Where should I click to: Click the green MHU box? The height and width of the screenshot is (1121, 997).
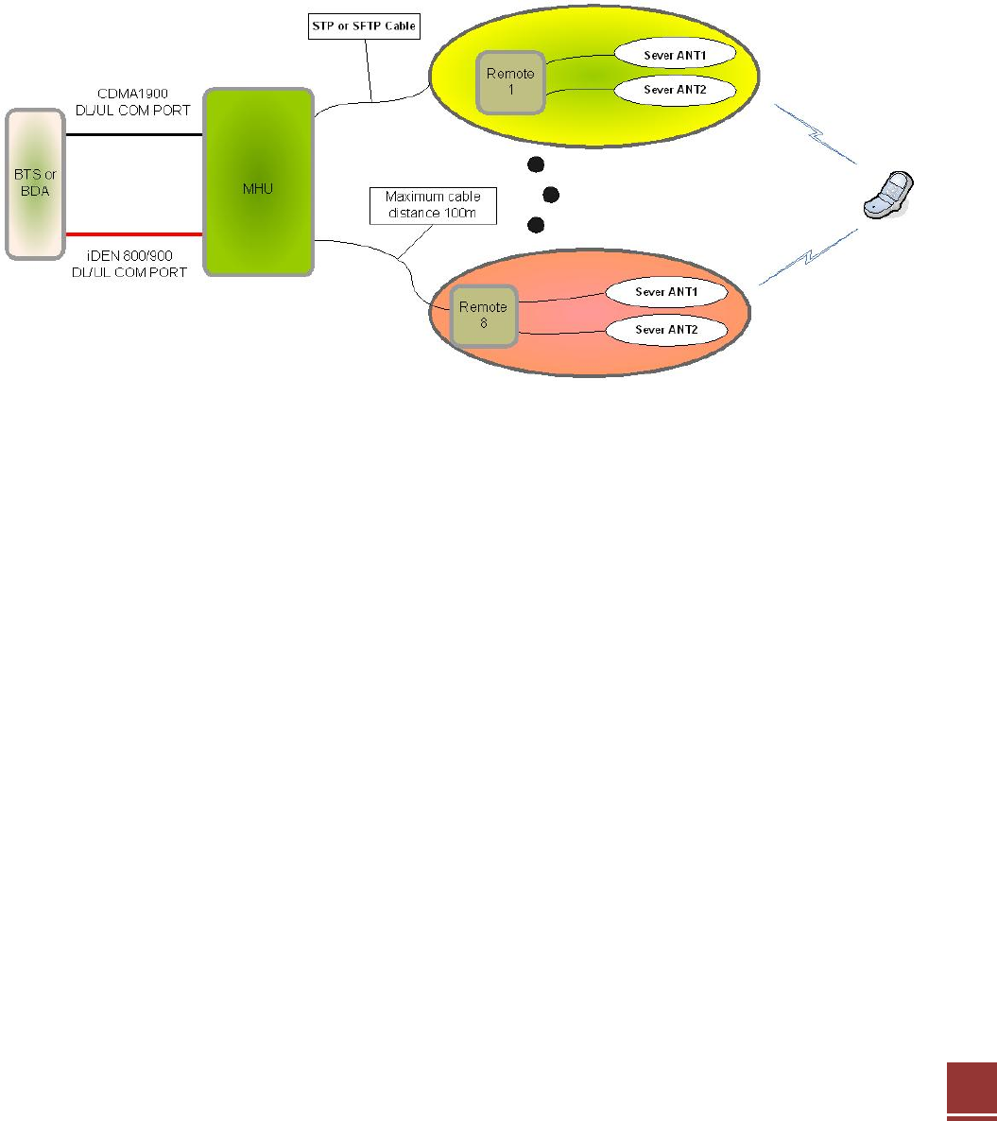coord(259,181)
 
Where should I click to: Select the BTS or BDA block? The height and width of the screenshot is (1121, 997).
coord(36,183)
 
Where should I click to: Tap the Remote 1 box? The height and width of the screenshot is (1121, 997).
coord(510,82)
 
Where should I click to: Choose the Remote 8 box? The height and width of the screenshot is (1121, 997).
coord(482,315)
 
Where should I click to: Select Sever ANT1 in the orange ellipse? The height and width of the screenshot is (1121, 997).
coord(665,292)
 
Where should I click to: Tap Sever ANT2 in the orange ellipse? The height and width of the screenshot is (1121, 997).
coord(665,330)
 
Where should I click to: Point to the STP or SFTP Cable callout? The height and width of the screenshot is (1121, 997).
coord(362,26)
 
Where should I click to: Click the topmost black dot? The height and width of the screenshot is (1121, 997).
coord(536,164)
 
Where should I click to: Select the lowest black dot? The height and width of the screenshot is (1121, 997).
coord(536,225)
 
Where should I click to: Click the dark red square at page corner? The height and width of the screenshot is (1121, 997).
coord(971,1084)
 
